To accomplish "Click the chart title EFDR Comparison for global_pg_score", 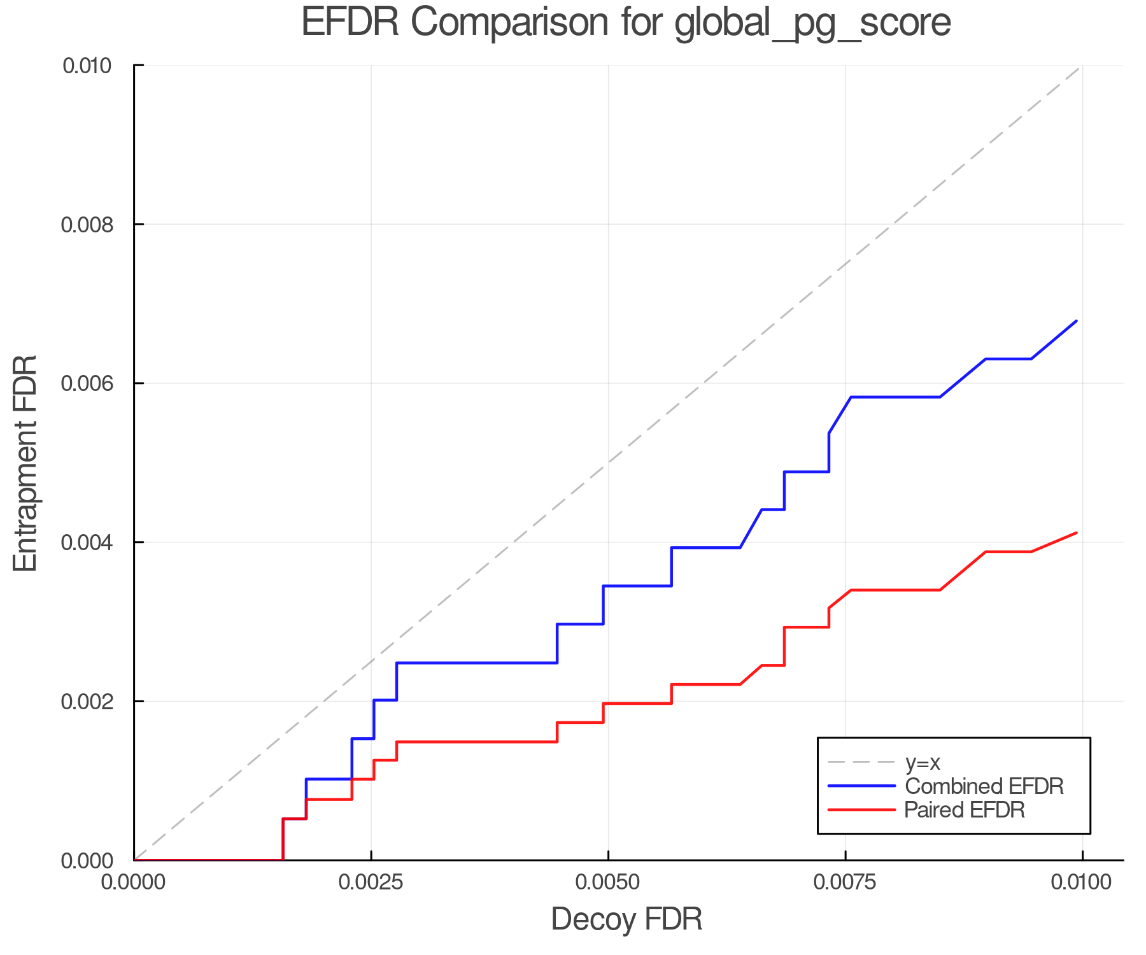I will [626, 23].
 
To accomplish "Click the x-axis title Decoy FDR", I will [626, 919].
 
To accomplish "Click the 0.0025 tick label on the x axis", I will [371, 882].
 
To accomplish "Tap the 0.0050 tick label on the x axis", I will [608, 882].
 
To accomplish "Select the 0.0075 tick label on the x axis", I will [845, 882].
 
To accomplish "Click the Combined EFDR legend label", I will [984, 786].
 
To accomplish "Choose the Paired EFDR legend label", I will [964, 810].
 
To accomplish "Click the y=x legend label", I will [923, 762].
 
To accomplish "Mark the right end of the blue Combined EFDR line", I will [1076, 321].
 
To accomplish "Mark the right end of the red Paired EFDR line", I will [1076, 533].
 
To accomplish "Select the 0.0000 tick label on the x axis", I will [134, 882].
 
